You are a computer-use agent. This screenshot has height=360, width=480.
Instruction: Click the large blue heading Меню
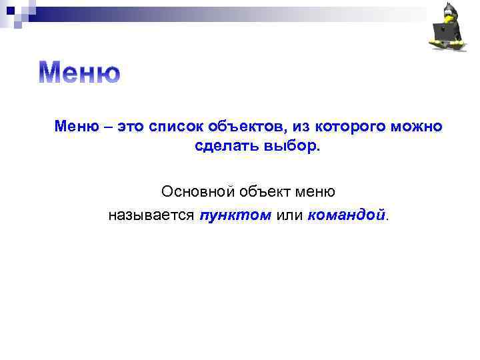[x=79, y=73]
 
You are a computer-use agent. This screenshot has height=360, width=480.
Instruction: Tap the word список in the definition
[x=175, y=127]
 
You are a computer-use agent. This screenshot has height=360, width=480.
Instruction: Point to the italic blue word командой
[x=347, y=215]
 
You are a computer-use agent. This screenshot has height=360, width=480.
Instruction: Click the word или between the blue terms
[x=289, y=215]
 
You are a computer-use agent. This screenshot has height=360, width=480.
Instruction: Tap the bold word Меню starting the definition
[x=75, y=127]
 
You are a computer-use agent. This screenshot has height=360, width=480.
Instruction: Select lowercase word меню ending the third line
[x=315, y=192]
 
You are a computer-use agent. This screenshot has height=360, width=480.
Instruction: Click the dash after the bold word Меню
[x=104, y=127]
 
